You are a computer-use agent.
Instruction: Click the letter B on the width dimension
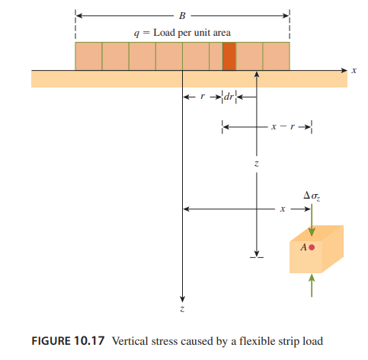coord(182,16)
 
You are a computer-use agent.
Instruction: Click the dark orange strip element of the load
coord(229,56)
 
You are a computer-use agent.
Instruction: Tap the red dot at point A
coord(312,247)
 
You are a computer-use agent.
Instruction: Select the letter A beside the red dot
coord(304,247)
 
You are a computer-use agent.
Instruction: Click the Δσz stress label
coord(312,196)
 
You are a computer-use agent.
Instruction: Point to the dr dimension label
coord(229,97)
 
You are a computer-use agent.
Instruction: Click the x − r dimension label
coord(283,126)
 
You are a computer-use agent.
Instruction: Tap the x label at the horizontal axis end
coord(354,70)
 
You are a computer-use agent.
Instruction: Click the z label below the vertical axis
coord(182,308)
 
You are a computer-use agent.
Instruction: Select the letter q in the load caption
coord(136,33)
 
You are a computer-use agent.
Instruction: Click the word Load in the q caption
coord(165,33)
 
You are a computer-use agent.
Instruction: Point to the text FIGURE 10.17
coord(68,341)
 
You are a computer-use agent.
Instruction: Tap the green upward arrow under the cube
coord(312,285)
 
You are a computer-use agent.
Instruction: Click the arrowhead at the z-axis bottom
coord(182,299)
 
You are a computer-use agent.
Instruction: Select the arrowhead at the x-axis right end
coord(344,70)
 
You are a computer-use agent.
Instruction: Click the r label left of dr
coord(203,97)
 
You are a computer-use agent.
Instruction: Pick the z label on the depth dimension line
coord(257,164)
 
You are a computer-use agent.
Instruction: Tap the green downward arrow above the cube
coord(312,220)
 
